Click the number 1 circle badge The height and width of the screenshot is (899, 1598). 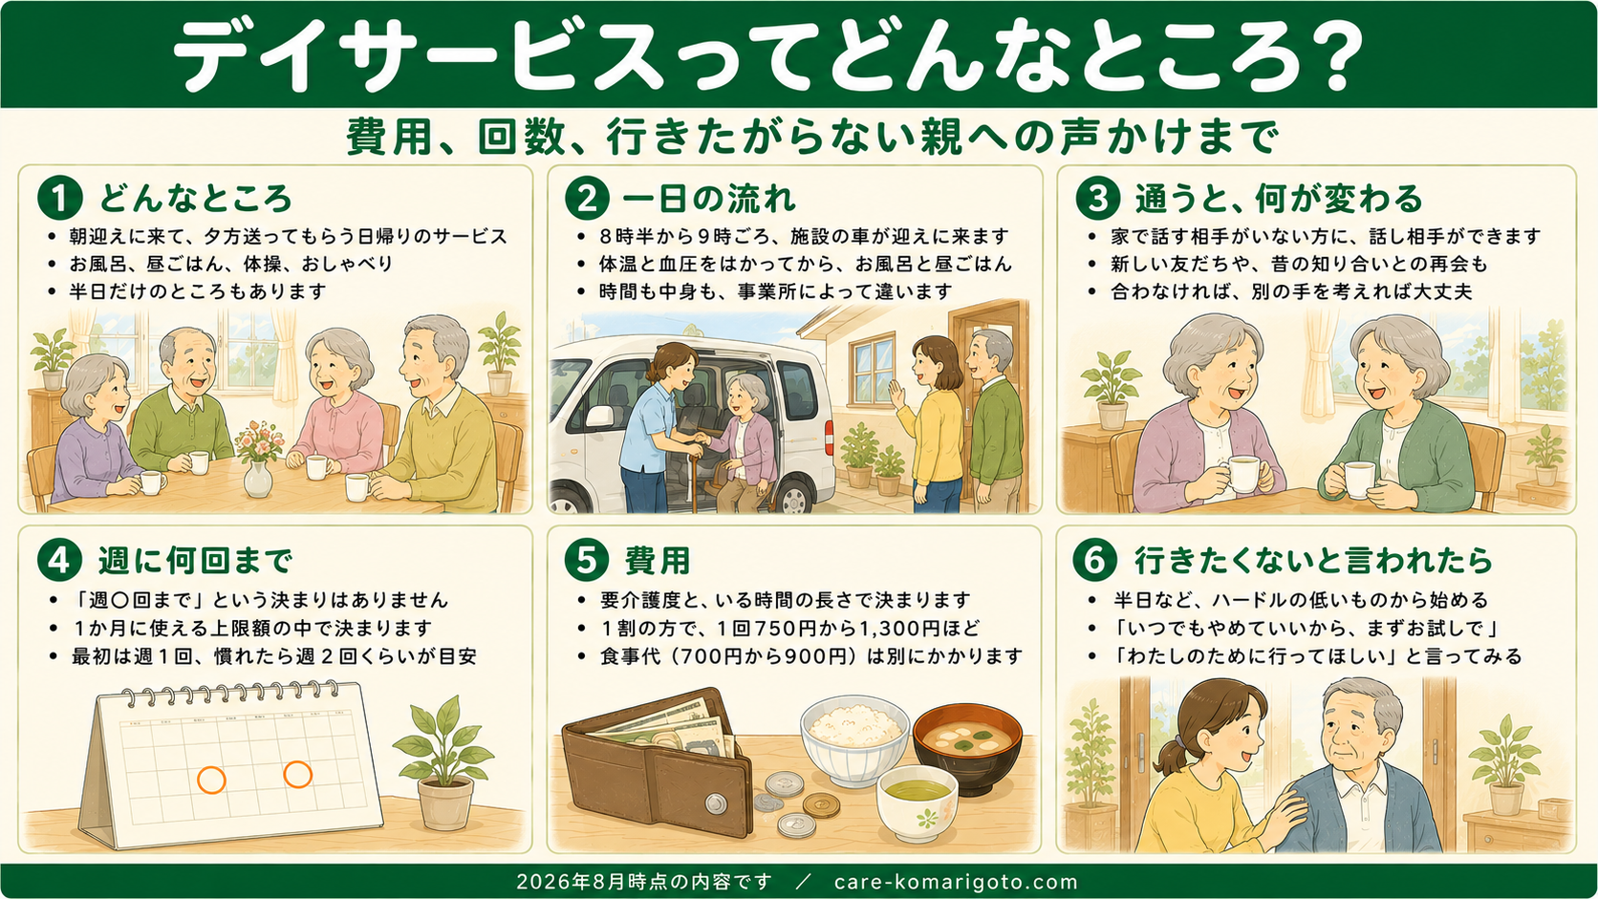pos(60,198)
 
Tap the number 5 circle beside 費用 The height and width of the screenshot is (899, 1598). pos(587,560)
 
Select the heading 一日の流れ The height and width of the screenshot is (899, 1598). pos(709,198)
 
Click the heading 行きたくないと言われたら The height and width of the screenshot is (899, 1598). pos(1313,561)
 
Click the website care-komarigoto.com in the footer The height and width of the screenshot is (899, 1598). pos(956,882)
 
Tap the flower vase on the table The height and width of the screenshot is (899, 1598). pos(257,460)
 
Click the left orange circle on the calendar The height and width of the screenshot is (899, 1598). pos(211,780)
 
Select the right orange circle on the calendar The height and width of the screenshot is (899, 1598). pos(297,774)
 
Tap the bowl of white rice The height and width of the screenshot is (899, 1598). pos(854,740)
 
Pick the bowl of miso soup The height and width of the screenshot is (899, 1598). pos(967,746)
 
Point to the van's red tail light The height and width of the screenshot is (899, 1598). pos(829,436)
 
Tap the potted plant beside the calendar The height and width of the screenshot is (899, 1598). pos(443,762)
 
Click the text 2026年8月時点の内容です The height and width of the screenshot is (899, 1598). pos(644,882)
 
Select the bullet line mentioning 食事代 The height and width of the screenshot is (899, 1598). pos(811,656)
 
